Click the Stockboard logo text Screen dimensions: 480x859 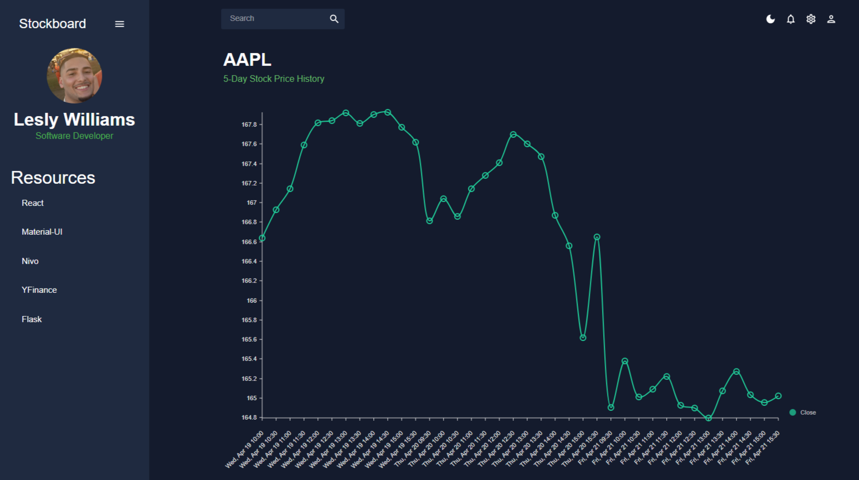click(53, 24)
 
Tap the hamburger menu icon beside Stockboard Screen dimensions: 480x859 click(120, 24)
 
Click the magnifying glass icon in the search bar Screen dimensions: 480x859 click(334, 19)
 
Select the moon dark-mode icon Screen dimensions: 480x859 click(770, 19)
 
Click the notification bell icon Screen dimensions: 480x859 click(791, 19)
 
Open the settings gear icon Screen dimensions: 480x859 click(811, 19)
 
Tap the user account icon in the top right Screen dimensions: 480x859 click(831, 19)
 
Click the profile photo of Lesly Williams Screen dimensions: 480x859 click(74, 75)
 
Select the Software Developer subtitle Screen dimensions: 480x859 click(74, 136)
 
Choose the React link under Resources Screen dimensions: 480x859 click(33, 203)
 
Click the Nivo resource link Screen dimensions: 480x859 click(30, 261)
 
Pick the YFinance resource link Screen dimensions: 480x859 click(39, 290)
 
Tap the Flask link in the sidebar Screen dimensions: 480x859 click(32, 319)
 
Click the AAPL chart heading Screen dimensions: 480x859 click(247, 60)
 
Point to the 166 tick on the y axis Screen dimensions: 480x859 click(252, 301)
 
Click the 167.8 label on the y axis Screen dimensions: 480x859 click(249, 125)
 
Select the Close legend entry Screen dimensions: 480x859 click(803, 412)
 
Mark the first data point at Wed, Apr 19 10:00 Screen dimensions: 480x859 click(263, 238)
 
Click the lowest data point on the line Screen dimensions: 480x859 click(708, 418)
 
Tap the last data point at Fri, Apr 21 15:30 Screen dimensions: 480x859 click(778, 396)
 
